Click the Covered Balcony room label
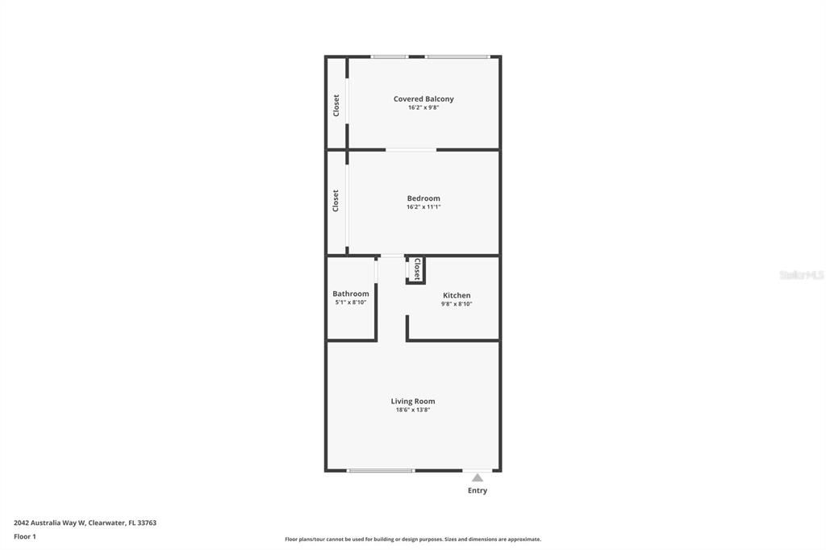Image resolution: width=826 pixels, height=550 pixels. [423, 98]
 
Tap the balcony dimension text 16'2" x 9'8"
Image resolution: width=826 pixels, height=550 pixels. [423, 107]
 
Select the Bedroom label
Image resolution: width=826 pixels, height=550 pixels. [423, 198]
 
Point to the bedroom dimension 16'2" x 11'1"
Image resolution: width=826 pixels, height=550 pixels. [423, 207]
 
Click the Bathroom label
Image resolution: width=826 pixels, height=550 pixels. [351, 294]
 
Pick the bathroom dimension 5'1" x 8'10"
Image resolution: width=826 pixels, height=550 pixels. [351, 302]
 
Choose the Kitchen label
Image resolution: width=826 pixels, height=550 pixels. [457, 295]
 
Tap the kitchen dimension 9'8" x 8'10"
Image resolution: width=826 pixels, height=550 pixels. [457, 304]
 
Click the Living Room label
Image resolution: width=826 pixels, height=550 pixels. [413, 401]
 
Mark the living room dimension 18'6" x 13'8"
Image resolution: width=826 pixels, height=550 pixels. [413, 410]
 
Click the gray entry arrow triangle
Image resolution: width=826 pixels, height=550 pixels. [478, 478]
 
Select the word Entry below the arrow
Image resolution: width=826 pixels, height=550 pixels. [478, 490]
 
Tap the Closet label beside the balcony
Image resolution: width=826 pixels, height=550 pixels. [336, 106]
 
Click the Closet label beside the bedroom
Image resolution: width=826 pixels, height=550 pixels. [336, 201]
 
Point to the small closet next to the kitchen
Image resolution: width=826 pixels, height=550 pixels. [415, 269]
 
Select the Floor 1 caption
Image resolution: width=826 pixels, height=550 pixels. [25, 537]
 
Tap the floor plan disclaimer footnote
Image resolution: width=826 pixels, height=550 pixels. [413, 540]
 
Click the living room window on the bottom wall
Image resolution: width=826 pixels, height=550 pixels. [381, 470]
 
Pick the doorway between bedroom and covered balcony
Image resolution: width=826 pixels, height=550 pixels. [411, 150]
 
